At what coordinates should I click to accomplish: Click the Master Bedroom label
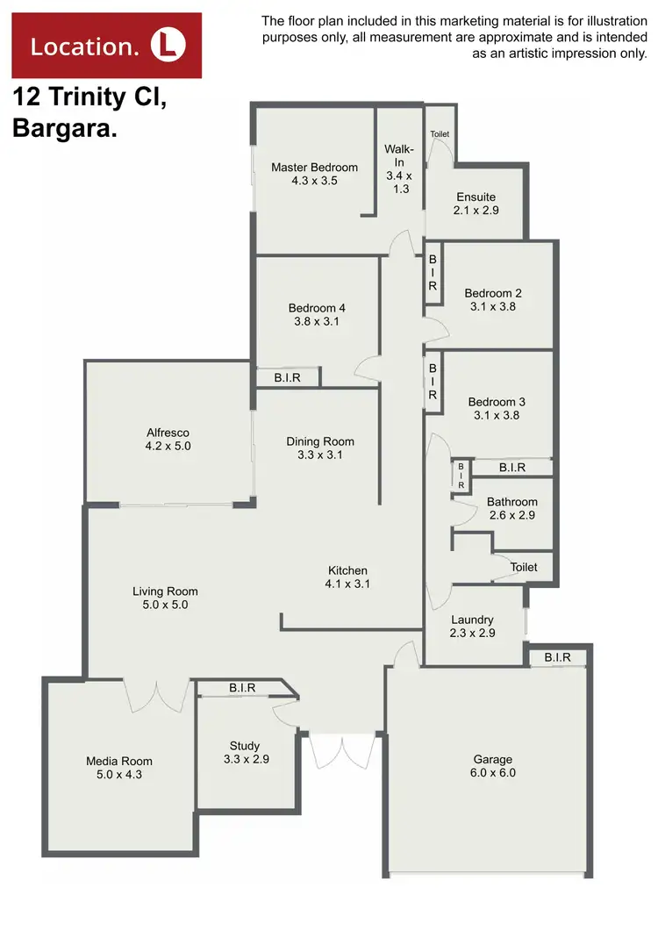(314, 168)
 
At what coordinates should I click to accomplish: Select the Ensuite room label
(476, 197)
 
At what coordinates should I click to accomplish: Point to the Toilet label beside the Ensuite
(440, 134)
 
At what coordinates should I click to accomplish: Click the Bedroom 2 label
(493, 293)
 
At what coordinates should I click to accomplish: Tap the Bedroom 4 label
(317, 308)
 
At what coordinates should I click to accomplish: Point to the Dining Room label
(320, 441)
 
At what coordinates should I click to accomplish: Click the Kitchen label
(347, 570)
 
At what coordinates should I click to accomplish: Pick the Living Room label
(166, 591)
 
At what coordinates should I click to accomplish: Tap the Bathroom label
(512, 503)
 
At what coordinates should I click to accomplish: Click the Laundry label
(472, 619)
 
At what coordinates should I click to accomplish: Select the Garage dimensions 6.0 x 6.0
(491, 773)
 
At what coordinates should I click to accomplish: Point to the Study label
(247, 746)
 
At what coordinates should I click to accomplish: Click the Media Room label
(119, 762)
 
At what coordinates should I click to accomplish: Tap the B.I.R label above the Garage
(557, 657)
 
